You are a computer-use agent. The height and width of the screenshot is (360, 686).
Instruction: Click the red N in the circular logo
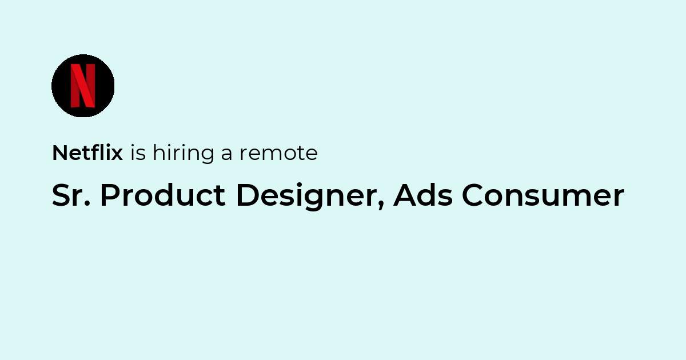click(83, 86)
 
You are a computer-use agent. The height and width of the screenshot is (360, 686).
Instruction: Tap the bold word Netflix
click(87, 153)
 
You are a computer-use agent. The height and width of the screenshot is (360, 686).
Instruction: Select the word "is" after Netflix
click(138, 153)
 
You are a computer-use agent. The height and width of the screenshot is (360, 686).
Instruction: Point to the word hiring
click(184, 154)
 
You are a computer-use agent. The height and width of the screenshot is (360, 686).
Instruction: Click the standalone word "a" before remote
click(226, 155)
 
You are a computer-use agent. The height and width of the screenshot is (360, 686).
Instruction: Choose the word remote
click(279, 154)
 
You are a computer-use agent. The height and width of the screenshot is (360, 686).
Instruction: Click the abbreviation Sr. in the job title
click(71, 195)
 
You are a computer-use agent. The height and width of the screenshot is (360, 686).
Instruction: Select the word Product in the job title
click(163, 195)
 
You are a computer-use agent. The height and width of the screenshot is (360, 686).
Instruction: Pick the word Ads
click(423, 195)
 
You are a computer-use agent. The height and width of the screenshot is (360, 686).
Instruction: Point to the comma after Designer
click(381, 206)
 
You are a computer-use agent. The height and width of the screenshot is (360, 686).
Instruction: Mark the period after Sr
click(87, 204)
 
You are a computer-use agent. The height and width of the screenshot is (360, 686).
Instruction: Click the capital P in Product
click(110, 195)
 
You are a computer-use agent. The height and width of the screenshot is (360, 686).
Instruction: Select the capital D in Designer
click(248, 195)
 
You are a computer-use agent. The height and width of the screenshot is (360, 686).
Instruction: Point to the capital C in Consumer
click(473, 195)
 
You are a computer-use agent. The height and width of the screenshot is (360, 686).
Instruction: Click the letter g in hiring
click(207, 156)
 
